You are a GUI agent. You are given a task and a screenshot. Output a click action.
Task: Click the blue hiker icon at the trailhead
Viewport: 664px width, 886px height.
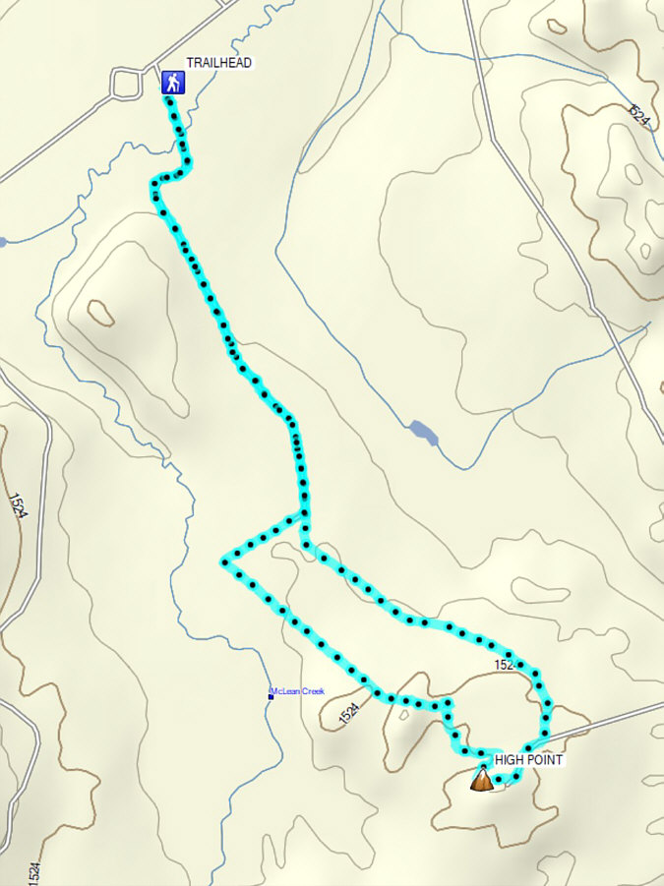coord(173,82)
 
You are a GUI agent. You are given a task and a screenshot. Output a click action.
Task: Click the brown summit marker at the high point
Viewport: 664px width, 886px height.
coord(482,781)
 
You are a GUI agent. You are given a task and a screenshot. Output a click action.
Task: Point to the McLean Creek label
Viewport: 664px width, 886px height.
coord(299,692)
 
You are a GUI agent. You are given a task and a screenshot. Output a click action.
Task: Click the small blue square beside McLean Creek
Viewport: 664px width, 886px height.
coord(271,695)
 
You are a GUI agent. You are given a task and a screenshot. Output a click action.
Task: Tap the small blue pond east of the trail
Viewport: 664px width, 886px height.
coord(423,432)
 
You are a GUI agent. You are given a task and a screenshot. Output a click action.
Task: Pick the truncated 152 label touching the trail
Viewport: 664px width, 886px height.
coord(505,667)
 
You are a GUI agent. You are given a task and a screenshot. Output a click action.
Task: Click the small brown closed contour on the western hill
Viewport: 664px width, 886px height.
coord(100,313)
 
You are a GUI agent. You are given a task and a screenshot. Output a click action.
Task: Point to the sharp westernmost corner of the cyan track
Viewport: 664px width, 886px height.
coord(225,561)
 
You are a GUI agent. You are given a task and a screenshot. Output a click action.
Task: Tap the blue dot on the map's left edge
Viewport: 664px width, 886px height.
coord(3,241)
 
